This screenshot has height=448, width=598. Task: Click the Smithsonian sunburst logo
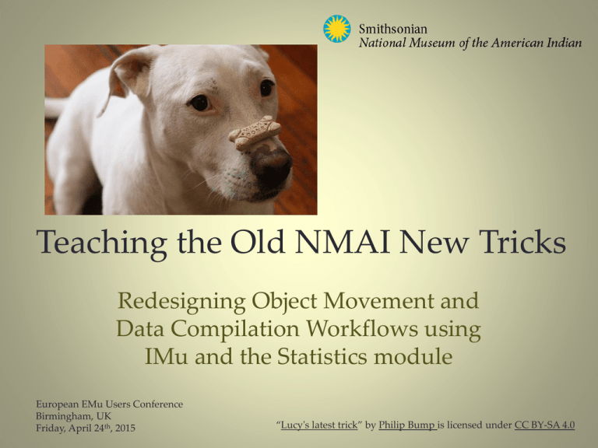coord(337,29)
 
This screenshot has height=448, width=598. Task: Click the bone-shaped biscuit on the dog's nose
coord(254,133)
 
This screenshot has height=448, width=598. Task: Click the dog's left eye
coord(200,102)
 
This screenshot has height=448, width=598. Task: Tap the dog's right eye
coord(266,87)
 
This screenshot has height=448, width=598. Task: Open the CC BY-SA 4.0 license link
coord(545,425)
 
